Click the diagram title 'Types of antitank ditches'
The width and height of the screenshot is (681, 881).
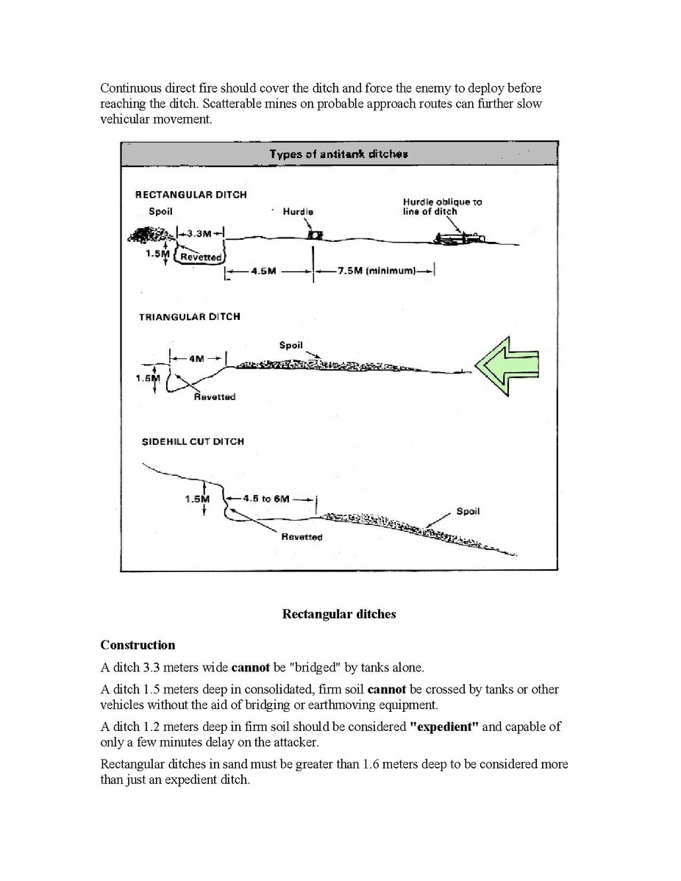[x=338, y=154]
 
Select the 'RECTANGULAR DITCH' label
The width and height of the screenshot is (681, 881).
[x=190, y=195]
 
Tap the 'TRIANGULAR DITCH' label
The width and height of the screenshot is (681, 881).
[x=190, y=317]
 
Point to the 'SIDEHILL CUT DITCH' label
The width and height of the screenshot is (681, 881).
[x=193, y=441]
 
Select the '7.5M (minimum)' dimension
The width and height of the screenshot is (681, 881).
[x=376, y=271]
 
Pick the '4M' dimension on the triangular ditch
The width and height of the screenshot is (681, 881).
[x=197, y=359]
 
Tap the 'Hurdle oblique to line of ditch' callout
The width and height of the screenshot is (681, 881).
[x=443, y=206]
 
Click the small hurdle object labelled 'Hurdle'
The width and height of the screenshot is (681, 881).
[x=316, y=235]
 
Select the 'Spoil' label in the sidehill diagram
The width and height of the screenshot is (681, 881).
[x=468, y=511]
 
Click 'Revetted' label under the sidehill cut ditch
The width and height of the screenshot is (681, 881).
[x=302, y=537]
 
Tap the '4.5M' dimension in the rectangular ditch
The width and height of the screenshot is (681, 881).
[x=263, y=271]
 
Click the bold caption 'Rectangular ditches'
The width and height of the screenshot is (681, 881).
[x=339, y=614]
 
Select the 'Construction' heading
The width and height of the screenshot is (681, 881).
[x=138, y=645]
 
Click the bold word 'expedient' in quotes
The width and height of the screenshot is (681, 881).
[x=444, y=727]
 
